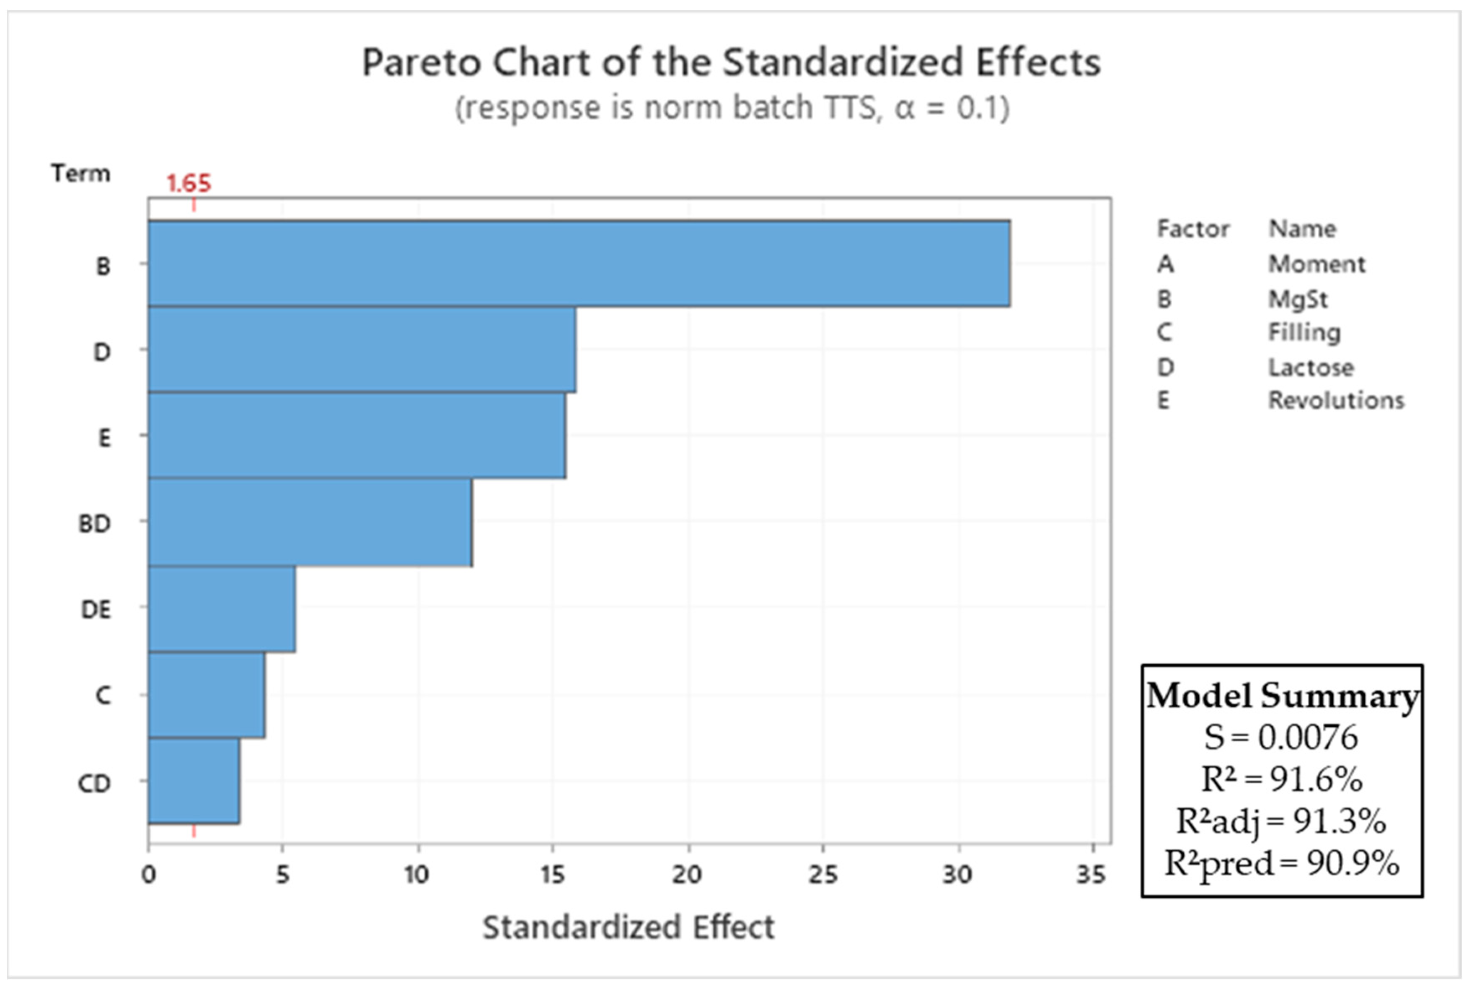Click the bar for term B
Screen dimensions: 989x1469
579,264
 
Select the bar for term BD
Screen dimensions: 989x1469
310,522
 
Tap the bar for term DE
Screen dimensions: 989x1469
222,608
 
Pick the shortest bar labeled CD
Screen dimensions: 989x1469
194,781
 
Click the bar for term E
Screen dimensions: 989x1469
357,436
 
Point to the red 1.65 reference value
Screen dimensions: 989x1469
189,184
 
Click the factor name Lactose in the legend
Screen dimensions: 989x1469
1311,368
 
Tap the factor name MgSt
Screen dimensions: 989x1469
1298,299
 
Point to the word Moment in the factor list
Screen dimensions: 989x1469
1316,264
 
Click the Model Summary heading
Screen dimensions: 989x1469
1282,696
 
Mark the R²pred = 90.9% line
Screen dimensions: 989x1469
1282,863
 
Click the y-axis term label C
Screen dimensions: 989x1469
103,695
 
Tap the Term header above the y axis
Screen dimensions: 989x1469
81,173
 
